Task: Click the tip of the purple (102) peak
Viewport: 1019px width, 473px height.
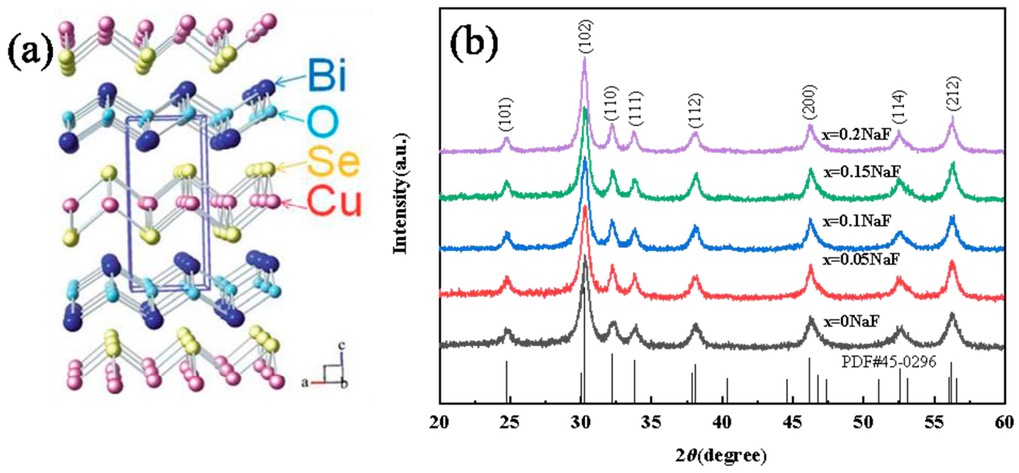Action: [x=584, y=58]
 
